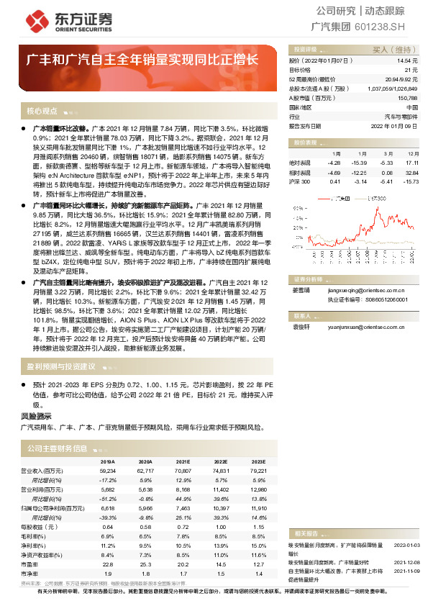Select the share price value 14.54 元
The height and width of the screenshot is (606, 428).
(408, 62)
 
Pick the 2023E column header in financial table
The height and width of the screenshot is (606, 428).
(258, 461)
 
